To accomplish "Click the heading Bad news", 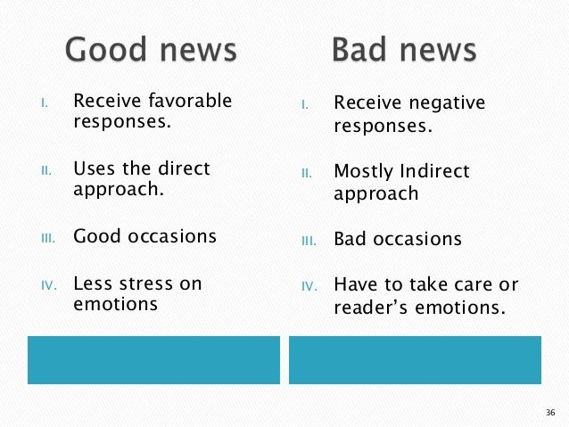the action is point(404,51).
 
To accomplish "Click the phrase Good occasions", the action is point(144,237).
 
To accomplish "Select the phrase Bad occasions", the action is point(397,240).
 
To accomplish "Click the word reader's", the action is point(370,309).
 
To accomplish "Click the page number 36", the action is point(549,413).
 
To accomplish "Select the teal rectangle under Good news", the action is point(153,359).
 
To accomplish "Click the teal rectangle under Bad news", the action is point(415,359).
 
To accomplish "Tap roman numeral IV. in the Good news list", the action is point(50,286).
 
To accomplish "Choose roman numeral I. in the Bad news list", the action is point(304,105).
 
